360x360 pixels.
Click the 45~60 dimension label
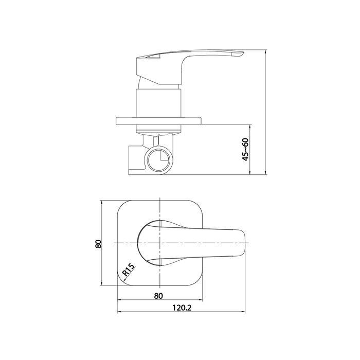pyautogui.click(x=246, y=150)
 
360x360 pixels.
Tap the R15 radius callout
pyautogui.click(x=128, y=270)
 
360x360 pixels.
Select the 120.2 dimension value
pyautogui.click(x=182, y=308)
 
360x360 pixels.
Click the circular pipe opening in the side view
pyautogui.click(x=158, y=159)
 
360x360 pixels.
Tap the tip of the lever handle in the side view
pyautogui.click(x=243, y=53)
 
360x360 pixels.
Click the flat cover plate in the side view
pyautogui.click(x=159, y=121)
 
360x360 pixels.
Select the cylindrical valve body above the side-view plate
pyautogui.click(x=159, y=103)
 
